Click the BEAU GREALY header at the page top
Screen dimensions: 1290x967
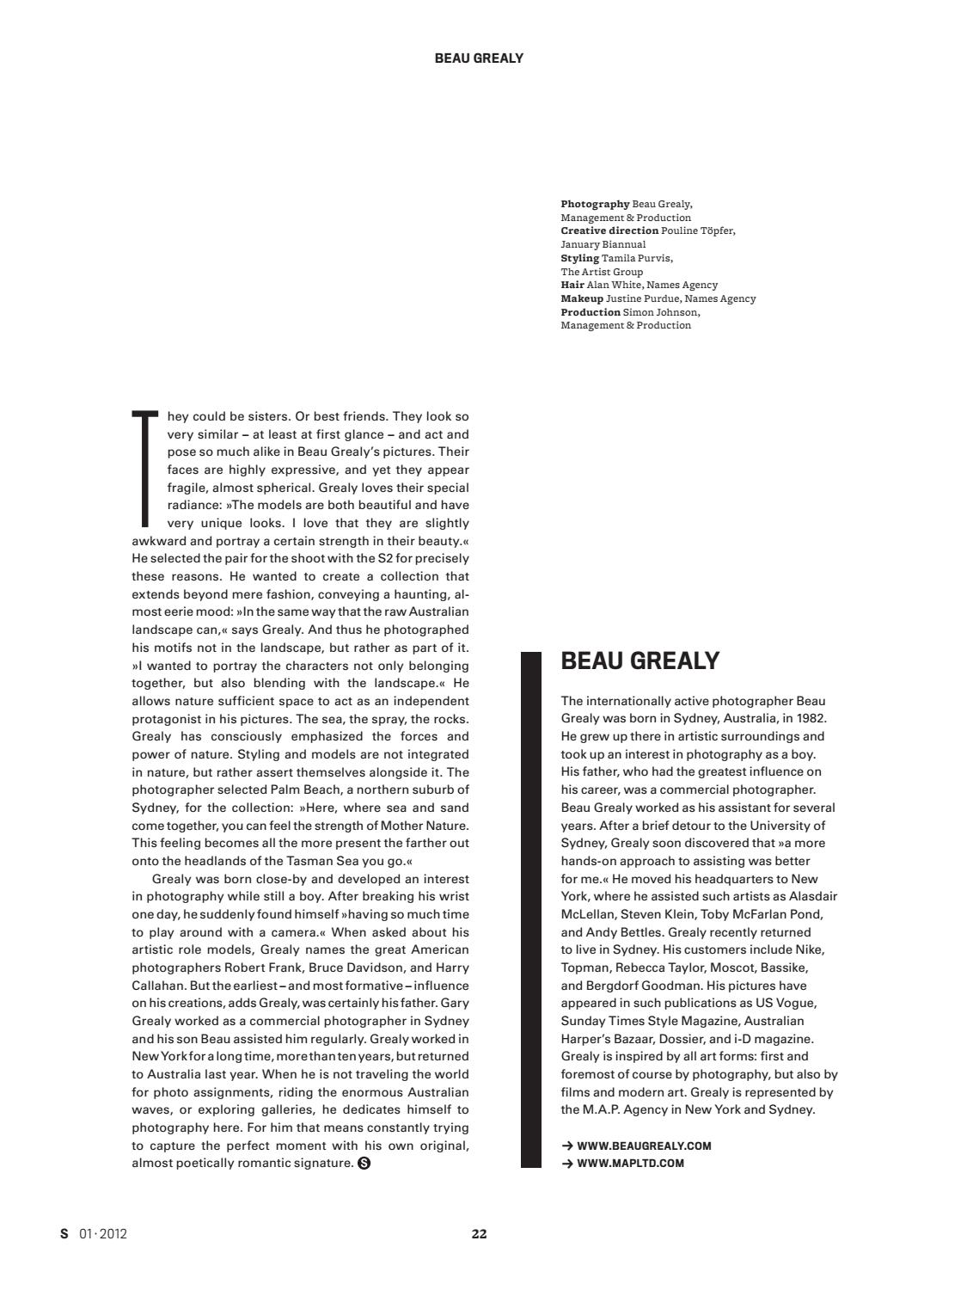point(479,58)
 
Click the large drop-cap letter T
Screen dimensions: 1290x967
point(145,469)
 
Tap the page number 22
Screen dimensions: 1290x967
point(479,1233)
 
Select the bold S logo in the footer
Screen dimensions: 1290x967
point(64,1233)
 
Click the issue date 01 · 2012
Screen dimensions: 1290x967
point(103,1233)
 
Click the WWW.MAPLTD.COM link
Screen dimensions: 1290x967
point(630,1164)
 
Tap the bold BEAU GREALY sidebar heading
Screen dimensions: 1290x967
point(640,661)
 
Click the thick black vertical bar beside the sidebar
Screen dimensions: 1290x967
point(531,909)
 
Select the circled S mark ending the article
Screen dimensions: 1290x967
point(364,1164)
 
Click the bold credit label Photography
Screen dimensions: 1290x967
point(595,204)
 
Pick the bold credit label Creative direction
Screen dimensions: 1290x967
point(609,230)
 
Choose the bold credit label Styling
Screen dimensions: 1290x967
point(579,258)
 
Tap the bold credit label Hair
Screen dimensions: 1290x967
point(572,285)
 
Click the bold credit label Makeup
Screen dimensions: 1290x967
point(582,298)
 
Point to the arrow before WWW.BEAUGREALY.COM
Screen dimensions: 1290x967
point(567,1146)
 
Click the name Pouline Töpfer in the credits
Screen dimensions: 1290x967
point(698,230)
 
